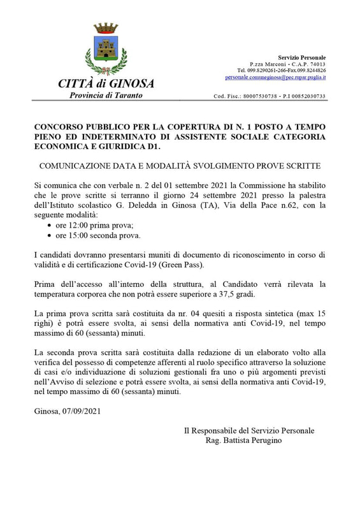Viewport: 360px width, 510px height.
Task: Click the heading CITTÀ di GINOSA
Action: click(x=106, y=84)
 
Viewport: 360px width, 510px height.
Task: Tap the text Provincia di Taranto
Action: click(x=106, y=96)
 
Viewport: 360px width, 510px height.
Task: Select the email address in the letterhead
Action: click(x=275, y=77)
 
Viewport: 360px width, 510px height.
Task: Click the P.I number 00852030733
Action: click(x=307, y=96)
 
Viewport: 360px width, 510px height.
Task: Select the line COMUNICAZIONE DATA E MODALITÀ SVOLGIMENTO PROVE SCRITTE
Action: click(x=180, y=166)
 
